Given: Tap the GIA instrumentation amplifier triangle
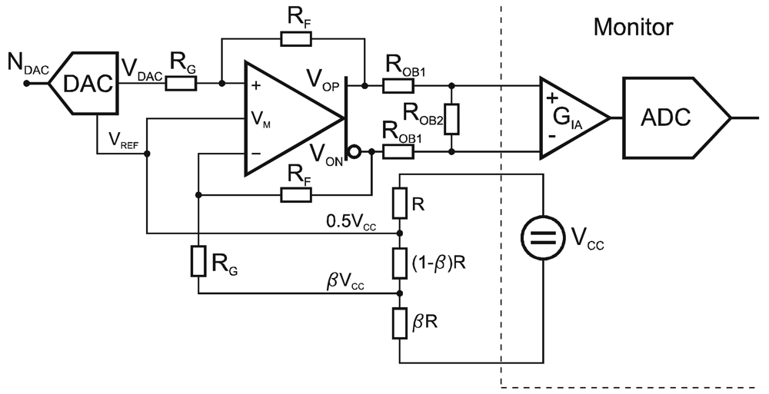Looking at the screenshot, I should point(569,118).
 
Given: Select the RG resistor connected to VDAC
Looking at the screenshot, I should point(182,84).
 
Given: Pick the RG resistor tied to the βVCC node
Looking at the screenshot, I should point(198,262).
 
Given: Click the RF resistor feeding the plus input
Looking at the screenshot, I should point(296,38).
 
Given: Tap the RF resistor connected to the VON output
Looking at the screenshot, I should point(296,195).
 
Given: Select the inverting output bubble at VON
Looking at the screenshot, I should point(355,152).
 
